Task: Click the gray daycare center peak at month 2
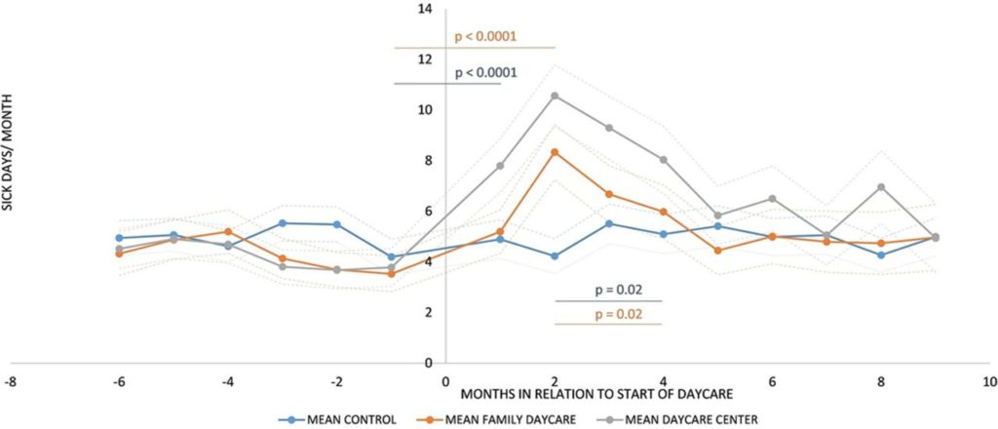555,96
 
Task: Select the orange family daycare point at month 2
555,152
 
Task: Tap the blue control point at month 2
555,256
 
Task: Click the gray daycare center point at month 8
881,187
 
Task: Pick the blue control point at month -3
282,223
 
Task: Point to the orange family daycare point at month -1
391,274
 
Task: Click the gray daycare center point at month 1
500,166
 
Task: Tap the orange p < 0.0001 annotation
485,38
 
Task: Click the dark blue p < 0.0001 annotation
485,73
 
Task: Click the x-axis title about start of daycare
500,393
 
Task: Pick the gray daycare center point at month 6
772,199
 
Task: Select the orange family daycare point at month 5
717,251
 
